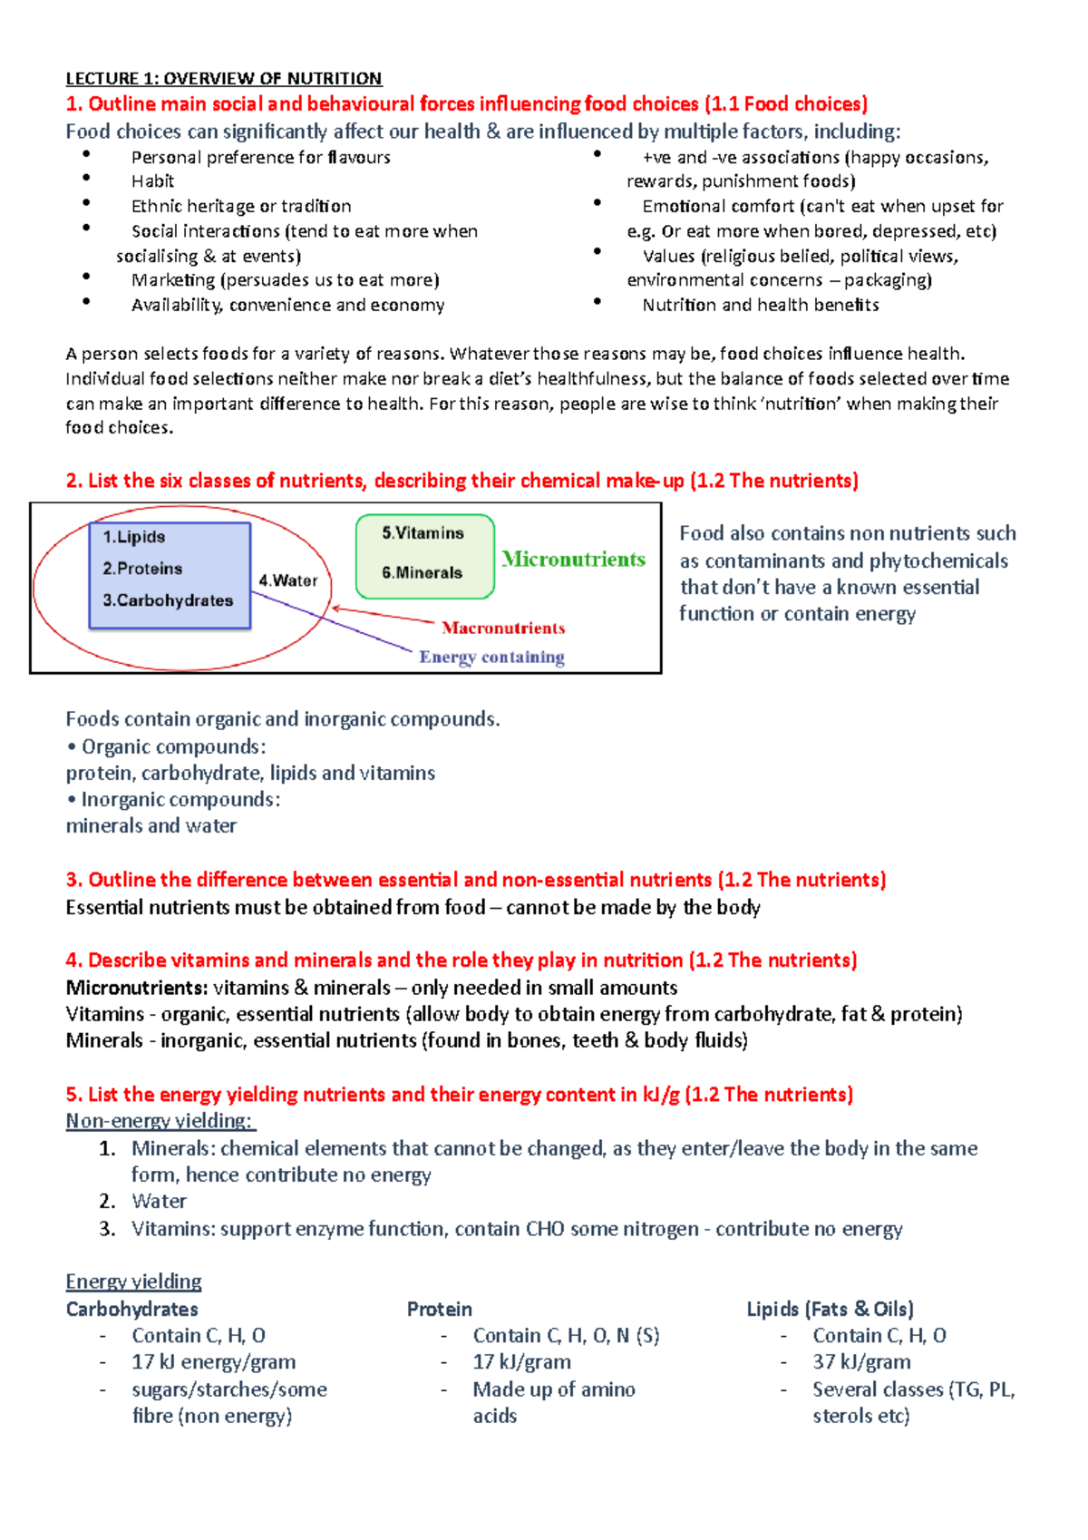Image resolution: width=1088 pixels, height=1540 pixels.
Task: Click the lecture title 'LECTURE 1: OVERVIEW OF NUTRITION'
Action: coord(223,78)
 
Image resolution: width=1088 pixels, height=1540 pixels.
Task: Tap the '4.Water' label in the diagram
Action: coord(288,580)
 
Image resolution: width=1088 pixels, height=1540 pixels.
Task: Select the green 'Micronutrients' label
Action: coord(574,559)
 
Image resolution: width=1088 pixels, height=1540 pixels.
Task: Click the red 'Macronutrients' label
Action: coord(503,628)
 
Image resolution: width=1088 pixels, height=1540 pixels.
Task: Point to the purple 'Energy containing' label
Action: coord(491,657)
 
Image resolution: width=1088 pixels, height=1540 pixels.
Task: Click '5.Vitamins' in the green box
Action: coord(423,533)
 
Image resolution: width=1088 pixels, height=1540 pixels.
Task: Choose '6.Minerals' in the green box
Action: coord(422,572)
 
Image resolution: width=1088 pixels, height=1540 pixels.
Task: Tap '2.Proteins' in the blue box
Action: coord(142,569)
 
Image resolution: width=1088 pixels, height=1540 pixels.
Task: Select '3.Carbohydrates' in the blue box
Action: coord(168,600)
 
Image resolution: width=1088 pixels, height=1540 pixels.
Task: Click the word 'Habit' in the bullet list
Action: coord(152,181)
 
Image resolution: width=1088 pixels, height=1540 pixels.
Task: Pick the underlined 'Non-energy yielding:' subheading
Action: coord(160,1121)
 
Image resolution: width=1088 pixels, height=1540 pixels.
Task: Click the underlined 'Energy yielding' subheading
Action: coord(133,1282)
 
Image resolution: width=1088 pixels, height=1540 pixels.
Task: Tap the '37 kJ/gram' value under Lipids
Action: coord(861,1362)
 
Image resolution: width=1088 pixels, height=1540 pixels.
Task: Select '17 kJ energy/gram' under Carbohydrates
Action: coord(213,1362)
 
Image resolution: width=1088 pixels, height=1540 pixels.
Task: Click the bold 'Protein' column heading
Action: coord(439,1309)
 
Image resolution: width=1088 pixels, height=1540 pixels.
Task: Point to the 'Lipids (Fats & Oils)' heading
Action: coord(830,1309)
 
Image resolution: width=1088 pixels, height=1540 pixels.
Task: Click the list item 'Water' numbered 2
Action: coord(159,1202)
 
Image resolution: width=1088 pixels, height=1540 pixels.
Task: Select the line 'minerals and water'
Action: coord(151,826)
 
